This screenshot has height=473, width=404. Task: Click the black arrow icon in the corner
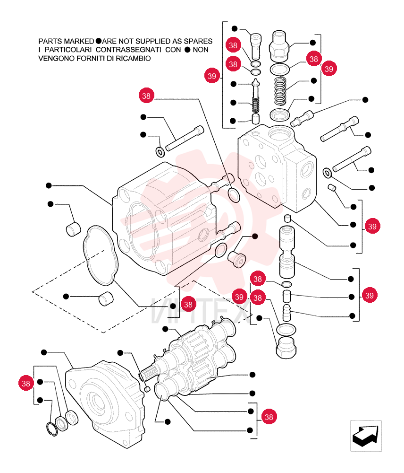point(366,436)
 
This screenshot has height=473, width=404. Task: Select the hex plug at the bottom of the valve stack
point(286,348)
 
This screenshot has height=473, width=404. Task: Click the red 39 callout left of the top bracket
point(212,76)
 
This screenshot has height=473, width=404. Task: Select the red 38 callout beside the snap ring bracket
point(26,383)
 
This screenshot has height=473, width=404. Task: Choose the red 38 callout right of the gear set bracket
point(269,417)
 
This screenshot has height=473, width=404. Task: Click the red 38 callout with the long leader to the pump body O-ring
point(146,96)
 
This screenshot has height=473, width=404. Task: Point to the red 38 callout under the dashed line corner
point(188,304)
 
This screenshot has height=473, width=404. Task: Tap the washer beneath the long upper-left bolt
point(160,152)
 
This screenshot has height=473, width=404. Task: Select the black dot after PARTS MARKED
point(99,41)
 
